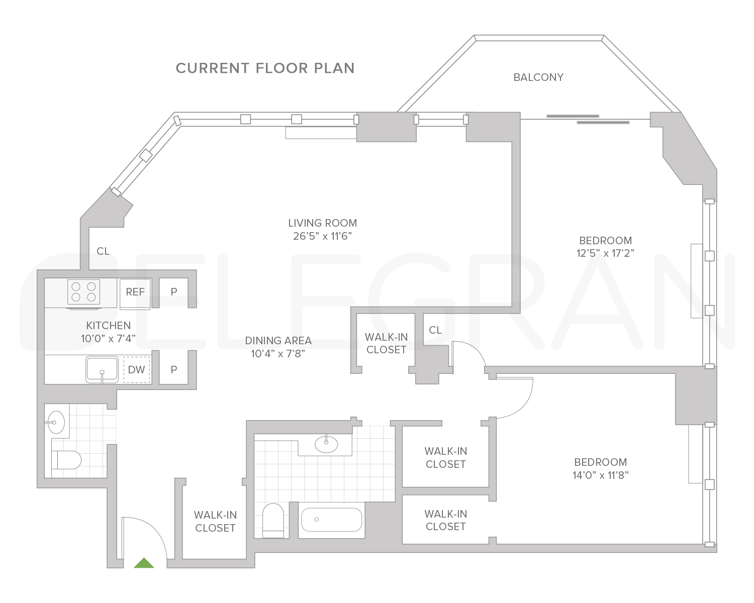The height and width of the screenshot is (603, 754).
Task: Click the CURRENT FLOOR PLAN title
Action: [265, 68]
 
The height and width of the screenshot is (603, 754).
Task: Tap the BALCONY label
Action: [538, 77]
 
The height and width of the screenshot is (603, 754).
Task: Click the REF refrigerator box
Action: [135, 292]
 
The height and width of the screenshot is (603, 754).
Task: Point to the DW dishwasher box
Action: [137, 370]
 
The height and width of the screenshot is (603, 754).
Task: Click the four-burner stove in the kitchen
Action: [83, 292]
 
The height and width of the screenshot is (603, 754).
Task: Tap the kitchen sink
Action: [102, 369]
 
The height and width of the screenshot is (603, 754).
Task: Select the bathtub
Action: [332, 520]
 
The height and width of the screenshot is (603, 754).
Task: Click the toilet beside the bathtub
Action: [273, 520]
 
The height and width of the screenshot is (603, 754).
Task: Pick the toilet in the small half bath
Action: [67, 459]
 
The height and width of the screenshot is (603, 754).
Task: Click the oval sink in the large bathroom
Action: [326, 443]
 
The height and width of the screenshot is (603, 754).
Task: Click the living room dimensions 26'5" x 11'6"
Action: [322, 236]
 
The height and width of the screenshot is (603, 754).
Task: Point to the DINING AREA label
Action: [278, 341]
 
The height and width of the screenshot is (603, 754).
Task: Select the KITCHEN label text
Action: [109, 326]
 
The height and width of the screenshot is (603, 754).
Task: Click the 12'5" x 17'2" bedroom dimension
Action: [605, 253]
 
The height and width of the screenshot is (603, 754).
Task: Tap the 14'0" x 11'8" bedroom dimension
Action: [601, 475]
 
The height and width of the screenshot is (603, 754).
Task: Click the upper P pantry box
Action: [174, 292]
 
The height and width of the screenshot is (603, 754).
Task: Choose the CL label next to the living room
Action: [103, 251]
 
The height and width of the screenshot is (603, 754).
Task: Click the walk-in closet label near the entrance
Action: [215, 521]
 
